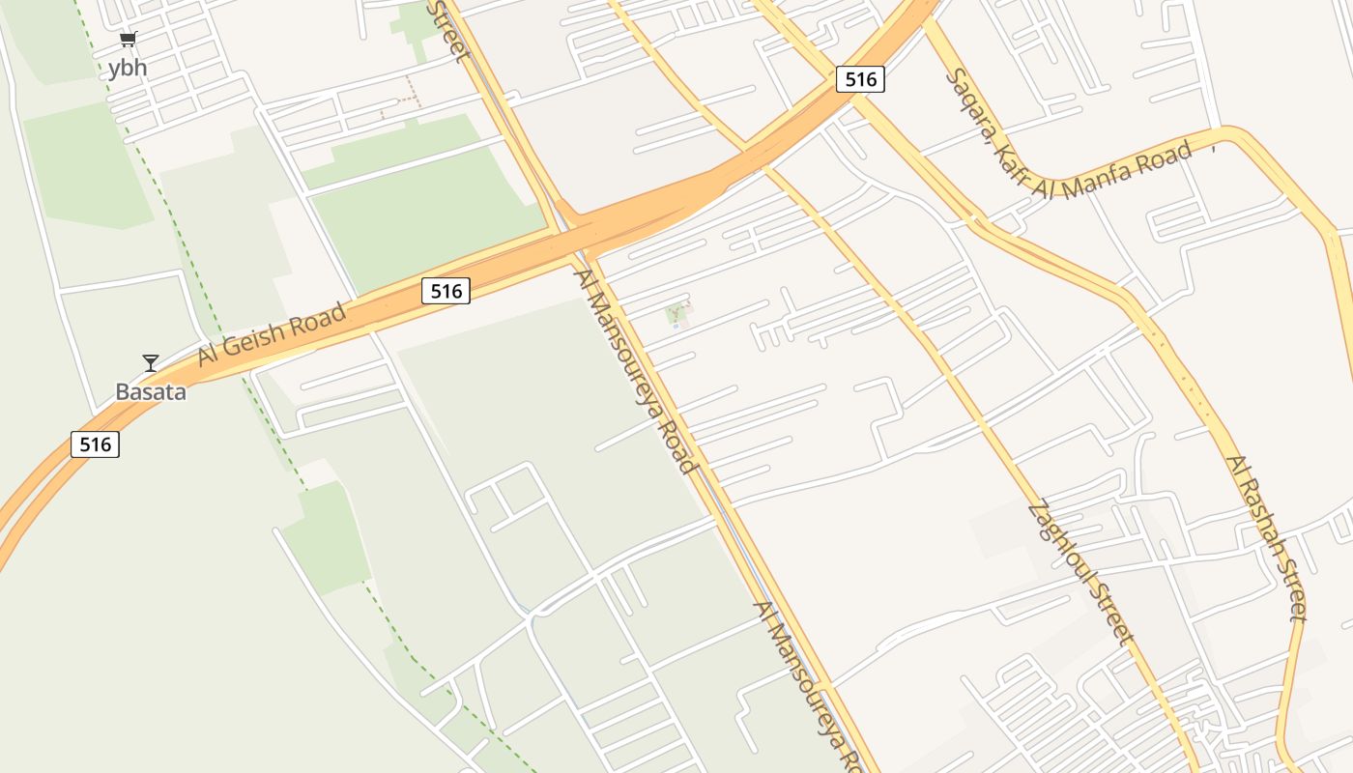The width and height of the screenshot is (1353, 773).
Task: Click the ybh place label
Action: [x=128, y=68]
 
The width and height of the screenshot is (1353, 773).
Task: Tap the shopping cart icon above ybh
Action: [x=128, y=40]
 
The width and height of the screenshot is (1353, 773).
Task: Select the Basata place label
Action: [x=151, y=391]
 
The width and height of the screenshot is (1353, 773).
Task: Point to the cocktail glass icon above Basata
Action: [x=151, y=362]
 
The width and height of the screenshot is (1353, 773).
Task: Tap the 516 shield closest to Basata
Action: [x=95, y=444]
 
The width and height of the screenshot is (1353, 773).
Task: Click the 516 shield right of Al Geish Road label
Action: [x=446, y=291]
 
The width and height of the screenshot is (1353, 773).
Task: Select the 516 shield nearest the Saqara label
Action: [x=860, y=79]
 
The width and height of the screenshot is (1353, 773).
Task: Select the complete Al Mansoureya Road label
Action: [x=636, y=371]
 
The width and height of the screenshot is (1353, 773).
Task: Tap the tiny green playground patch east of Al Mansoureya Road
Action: [x=677, y=313]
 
